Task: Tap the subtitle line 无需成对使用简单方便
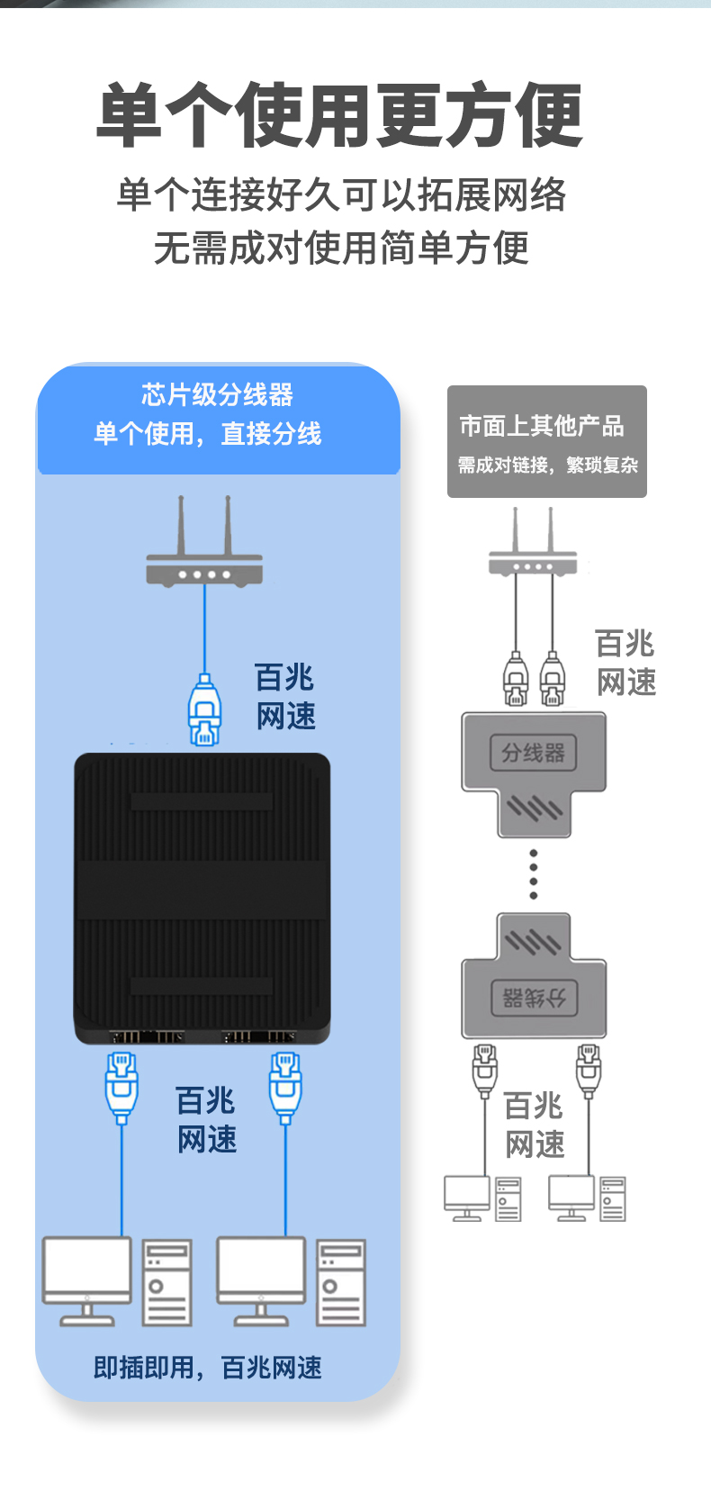click(341, 248)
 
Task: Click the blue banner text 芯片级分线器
click(217, 394)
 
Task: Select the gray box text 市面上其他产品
click(541, 426)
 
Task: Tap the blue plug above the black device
click(204, 710)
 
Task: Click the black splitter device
click(202, 899)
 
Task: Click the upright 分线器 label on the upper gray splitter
click(533, 753)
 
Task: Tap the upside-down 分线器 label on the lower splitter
click(534, 998)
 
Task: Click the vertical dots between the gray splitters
click(533, 874)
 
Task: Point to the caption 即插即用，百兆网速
click(207, 1368)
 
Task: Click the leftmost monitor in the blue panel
click(87, 1281)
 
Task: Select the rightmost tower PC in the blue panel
click(341, 1283)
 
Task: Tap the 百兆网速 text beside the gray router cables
click(625, 663)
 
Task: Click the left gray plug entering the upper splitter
click(516, 678)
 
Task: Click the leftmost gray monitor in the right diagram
click(466, 1197)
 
